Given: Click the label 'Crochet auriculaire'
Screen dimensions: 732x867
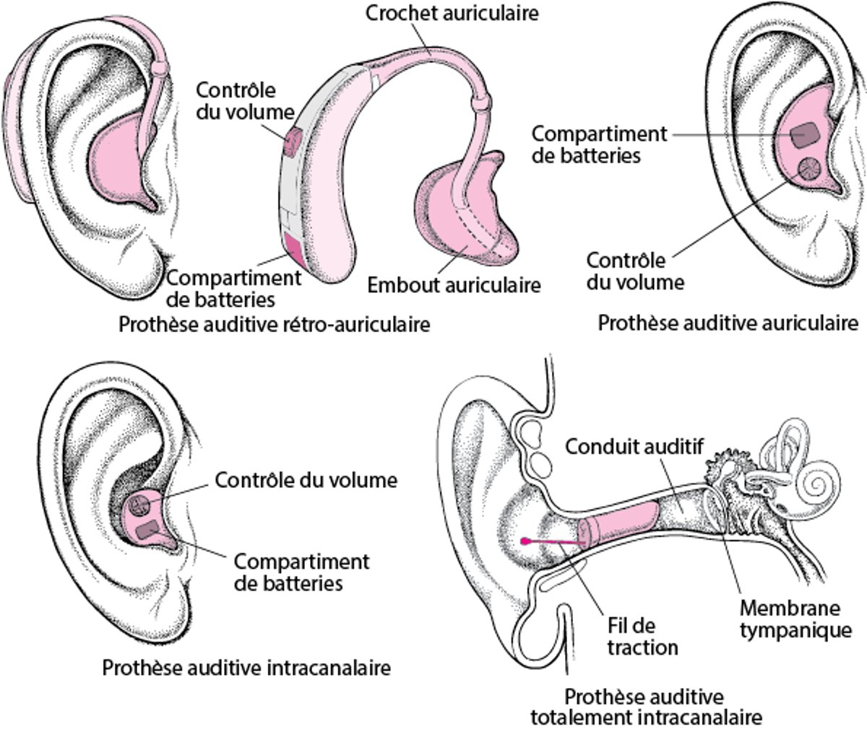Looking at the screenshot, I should [x=453, y=13].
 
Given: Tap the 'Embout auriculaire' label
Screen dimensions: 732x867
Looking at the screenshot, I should [x=454, y=284].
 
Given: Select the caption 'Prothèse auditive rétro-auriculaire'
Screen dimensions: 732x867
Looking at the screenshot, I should [x=275, y=324].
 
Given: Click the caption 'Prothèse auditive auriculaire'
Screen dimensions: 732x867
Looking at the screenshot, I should [x=728, y=322].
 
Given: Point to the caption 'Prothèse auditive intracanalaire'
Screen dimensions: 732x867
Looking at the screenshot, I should [x=246, y=667].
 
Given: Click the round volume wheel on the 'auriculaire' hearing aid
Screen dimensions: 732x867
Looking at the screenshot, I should [x=806, y=168].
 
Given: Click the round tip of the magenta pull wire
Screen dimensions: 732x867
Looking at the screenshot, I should [x=523, y=540].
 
